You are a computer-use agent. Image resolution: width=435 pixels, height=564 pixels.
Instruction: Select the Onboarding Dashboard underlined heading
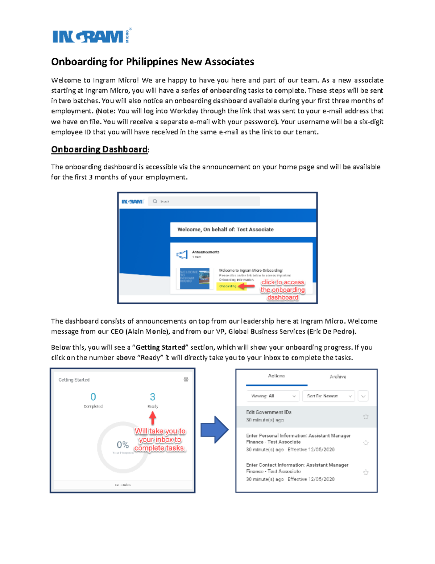pyautogui.click(x=99, y=149)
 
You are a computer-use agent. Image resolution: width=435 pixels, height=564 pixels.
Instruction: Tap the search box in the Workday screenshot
pyautogui.click(x=204, y=201)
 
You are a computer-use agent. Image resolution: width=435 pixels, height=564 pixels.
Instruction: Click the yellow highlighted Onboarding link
pyautogui.click(x=228, y=286)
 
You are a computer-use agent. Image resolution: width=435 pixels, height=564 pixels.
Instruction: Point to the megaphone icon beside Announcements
pyautogui.click(x=182, y=254)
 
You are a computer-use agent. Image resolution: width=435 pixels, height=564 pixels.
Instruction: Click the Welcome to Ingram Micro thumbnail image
pyautogui.click(x=195, y=279)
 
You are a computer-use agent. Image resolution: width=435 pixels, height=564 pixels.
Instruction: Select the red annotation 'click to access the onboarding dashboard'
pyautogui.click(x=283, y=290)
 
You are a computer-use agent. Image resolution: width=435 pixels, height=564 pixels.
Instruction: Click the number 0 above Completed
pyautogui.click(x=93, y=397)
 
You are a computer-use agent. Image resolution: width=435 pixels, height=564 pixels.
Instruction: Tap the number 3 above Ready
pyautogui.click(x=153, y=397)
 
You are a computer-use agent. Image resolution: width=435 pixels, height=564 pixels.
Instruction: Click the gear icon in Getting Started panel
pyautogui.click(x=186, y=380)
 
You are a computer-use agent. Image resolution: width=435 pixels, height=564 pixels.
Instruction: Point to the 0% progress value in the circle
pyautogui.click(x=123, y=445)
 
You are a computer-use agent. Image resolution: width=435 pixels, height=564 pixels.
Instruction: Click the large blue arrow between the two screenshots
pyautogui.click(x=215, y=430)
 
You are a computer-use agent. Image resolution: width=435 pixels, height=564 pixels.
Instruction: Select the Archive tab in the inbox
pyautogui.click(x=337, y=377)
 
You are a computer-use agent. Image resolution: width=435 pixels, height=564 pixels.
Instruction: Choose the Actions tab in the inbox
pyautogui.click(x=276, y=376)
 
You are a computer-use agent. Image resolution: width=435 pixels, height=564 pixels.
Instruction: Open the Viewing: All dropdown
pyautogui.click(x=273, y=396)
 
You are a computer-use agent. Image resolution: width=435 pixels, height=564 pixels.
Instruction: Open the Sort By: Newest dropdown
pyautogui.click(x=328, y=396)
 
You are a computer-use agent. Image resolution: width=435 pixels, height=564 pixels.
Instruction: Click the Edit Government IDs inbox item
pyautogui.click(x=269, y=412)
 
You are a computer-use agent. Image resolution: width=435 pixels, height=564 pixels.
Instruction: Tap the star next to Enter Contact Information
pyautogui.click(x=366, y=472)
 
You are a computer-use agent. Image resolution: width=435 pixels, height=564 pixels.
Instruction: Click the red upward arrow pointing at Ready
pyautogui.click(x=153, y=418)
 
